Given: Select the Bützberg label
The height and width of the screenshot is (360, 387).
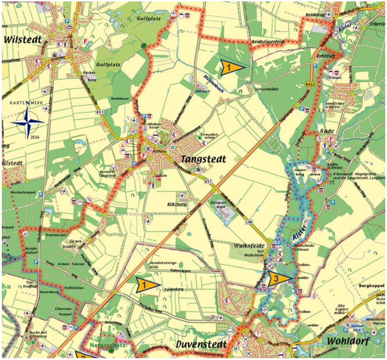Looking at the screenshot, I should (186, 204).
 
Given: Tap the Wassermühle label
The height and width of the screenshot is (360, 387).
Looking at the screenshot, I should (266, 89).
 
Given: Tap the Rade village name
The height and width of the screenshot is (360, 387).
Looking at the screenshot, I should (326, 131).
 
